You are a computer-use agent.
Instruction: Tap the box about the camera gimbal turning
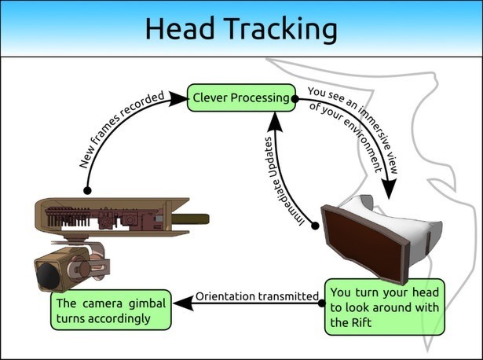(111, 311)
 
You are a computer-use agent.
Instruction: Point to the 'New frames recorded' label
(122, 130)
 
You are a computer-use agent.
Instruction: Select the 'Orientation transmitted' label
(257, 296)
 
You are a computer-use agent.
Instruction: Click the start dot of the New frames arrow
(87, 190)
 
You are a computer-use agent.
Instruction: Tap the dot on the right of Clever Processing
(295, 100)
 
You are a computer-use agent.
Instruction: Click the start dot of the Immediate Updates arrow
(316, 226)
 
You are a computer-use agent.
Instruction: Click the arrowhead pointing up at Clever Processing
(276, 119)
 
